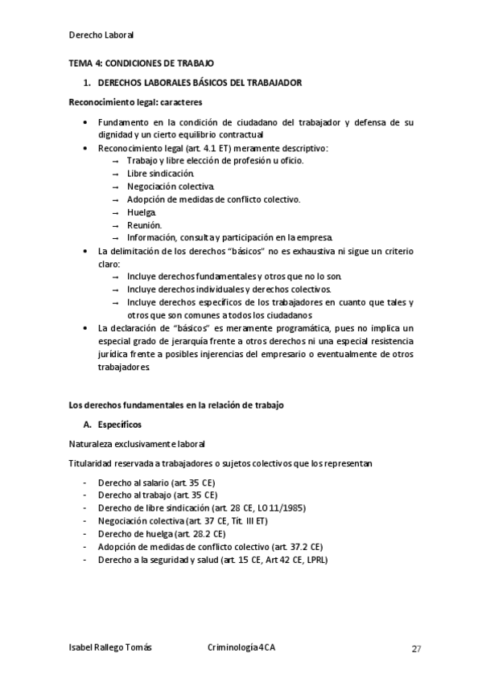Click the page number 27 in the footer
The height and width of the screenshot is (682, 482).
point(416,649)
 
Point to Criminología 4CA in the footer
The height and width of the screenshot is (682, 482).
point(241,647)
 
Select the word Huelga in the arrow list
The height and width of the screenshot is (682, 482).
point(141,212)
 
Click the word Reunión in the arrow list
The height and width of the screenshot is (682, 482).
point(144,224)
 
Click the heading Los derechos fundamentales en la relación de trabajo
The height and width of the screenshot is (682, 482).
point(176,405)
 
